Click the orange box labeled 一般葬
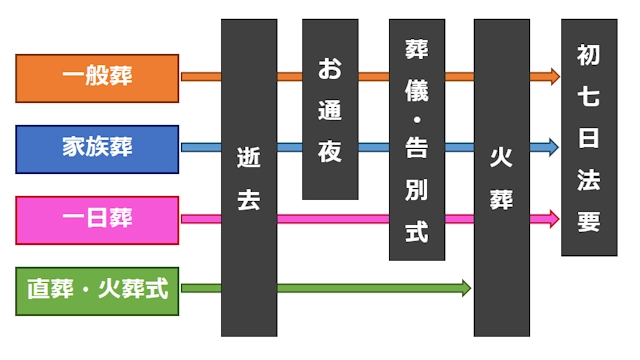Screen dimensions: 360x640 pyautogui.click(x=97, y=76)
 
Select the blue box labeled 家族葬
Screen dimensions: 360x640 pyautogui.click(x=97, y=148)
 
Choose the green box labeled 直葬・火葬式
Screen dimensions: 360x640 pyautogui.click(x=97, y=290)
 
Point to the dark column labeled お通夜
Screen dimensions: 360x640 pyautogui.click(x=330, y=110)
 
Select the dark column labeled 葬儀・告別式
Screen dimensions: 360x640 pyautogui.click(x=416, y=140)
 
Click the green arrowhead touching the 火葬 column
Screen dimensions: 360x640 pyautogui.click(x=464, y=290)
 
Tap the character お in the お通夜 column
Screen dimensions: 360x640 pyautogui.click(x=330, y=69)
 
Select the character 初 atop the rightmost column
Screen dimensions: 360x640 pyautogui.click(x=588, y=59)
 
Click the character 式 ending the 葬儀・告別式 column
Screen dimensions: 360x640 pyautogui.click(x=416, y=233)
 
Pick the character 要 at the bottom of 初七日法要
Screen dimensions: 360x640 pyautogui.click(x=588, y=221)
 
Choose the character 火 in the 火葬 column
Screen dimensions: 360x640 pyautogui.click(x=501, y=159)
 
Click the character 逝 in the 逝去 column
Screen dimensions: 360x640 pyautogui.click(x=248, y=158)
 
